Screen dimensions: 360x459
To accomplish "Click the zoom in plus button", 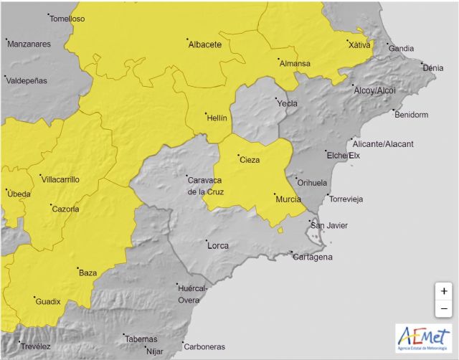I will coord(444,291).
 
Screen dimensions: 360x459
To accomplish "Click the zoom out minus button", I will coord(444,309).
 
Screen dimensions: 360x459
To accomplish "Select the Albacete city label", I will coord(204,44).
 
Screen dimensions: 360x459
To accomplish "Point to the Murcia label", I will coord(287,198).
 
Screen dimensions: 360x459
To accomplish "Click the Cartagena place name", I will coord(313,257).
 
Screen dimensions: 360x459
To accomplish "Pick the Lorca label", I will coord(217,245).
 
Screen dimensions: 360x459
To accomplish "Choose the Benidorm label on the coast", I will coord(411,115).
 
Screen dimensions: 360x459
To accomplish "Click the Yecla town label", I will coord(287,103).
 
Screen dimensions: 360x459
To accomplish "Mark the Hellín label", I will coord(217,116).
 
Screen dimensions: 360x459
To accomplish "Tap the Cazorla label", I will coord(65,209).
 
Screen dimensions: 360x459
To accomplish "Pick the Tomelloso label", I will coord(67,19).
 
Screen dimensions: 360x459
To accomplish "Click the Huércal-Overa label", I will coord(191,294).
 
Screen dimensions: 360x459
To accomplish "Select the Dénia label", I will coord(433,68).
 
